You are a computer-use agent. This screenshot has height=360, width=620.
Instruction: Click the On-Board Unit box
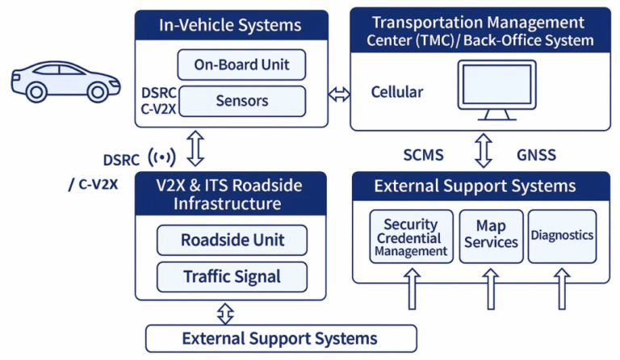click(241, 64)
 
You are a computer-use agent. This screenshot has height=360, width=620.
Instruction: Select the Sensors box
click(241, 102)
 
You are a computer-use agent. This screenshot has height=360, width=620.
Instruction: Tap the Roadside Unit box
click(232, 241)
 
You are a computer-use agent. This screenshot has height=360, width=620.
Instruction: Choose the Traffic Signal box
click(232, 277)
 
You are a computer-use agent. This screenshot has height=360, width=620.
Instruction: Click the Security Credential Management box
click(410, 237)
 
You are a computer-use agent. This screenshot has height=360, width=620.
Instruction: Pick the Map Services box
click(491, 237)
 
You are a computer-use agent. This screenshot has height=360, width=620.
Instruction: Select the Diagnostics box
click(562, 236)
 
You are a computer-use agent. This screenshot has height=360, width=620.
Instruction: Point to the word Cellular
click(396, 92)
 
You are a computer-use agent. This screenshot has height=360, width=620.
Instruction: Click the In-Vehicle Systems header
click(232, 25)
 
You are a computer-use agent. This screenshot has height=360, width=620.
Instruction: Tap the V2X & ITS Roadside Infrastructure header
click(231, 195)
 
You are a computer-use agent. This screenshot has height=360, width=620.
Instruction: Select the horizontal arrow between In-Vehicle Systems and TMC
click(339, 94)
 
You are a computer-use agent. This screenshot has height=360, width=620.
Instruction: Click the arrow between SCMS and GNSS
click(483, 151)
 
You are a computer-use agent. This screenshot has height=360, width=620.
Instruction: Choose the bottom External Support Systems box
click(280, 338)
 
